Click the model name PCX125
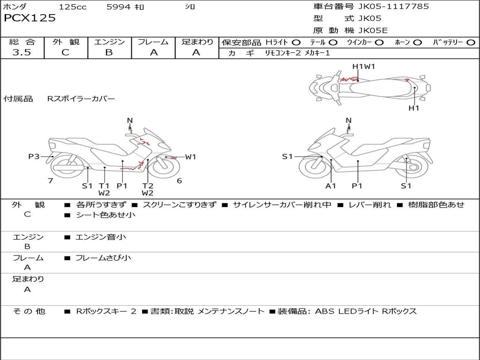(x=30, y=18)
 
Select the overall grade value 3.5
(x=22, y=52)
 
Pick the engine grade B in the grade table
(x=109, y=52)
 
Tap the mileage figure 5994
(x=119, y=7)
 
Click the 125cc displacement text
(x=73, y=7)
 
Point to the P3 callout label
(x=34, y=157)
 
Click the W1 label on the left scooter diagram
(x=190, y=157)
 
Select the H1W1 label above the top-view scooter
(x=364, y=67)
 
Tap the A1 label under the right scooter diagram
(x=331, y=186)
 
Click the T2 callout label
(x=148, y=186)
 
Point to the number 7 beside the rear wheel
(x=50, y=181)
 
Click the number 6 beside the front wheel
(x=179, y=181)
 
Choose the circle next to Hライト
(x=296, y=43)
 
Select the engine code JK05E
(x=373, y=30)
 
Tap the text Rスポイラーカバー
(x=81, y=99)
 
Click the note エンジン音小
(x=101, y=237)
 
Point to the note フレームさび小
(x=103, y=258)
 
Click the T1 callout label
(x=104, y=186)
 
